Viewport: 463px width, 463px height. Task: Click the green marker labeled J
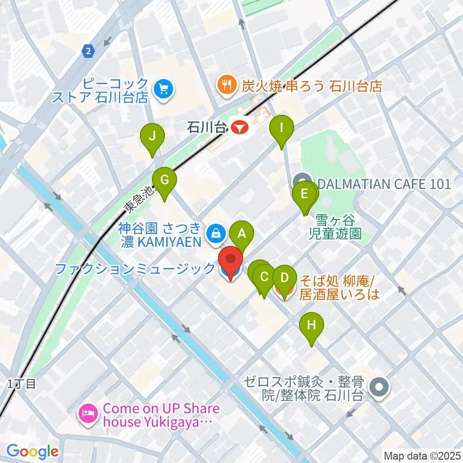pyautogui.click(x=152, y=136)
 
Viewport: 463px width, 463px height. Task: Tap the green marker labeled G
pyautogui.click(x=164, y=181)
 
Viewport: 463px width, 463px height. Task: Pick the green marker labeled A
pyautogui.click(x=242, y=234)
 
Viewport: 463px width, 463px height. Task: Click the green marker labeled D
pyautogui.click(x=284, y=278)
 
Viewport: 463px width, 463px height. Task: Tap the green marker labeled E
pyautogui.click(x=304, y=194)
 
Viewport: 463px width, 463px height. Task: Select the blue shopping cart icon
pyautogui.click(x=163, y=88)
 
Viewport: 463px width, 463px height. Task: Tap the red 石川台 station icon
pyautogui.click(x=238, y=128)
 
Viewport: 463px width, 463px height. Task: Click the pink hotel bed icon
pyautogui.click(x=89, y=413)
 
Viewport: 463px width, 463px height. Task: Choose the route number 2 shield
pyautogui.click(x=88, y=51)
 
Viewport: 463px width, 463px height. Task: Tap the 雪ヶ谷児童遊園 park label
pyautogui.click(x=335, y=228)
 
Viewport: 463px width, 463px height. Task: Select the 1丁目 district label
pyautogui.click(x=22, y=384)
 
